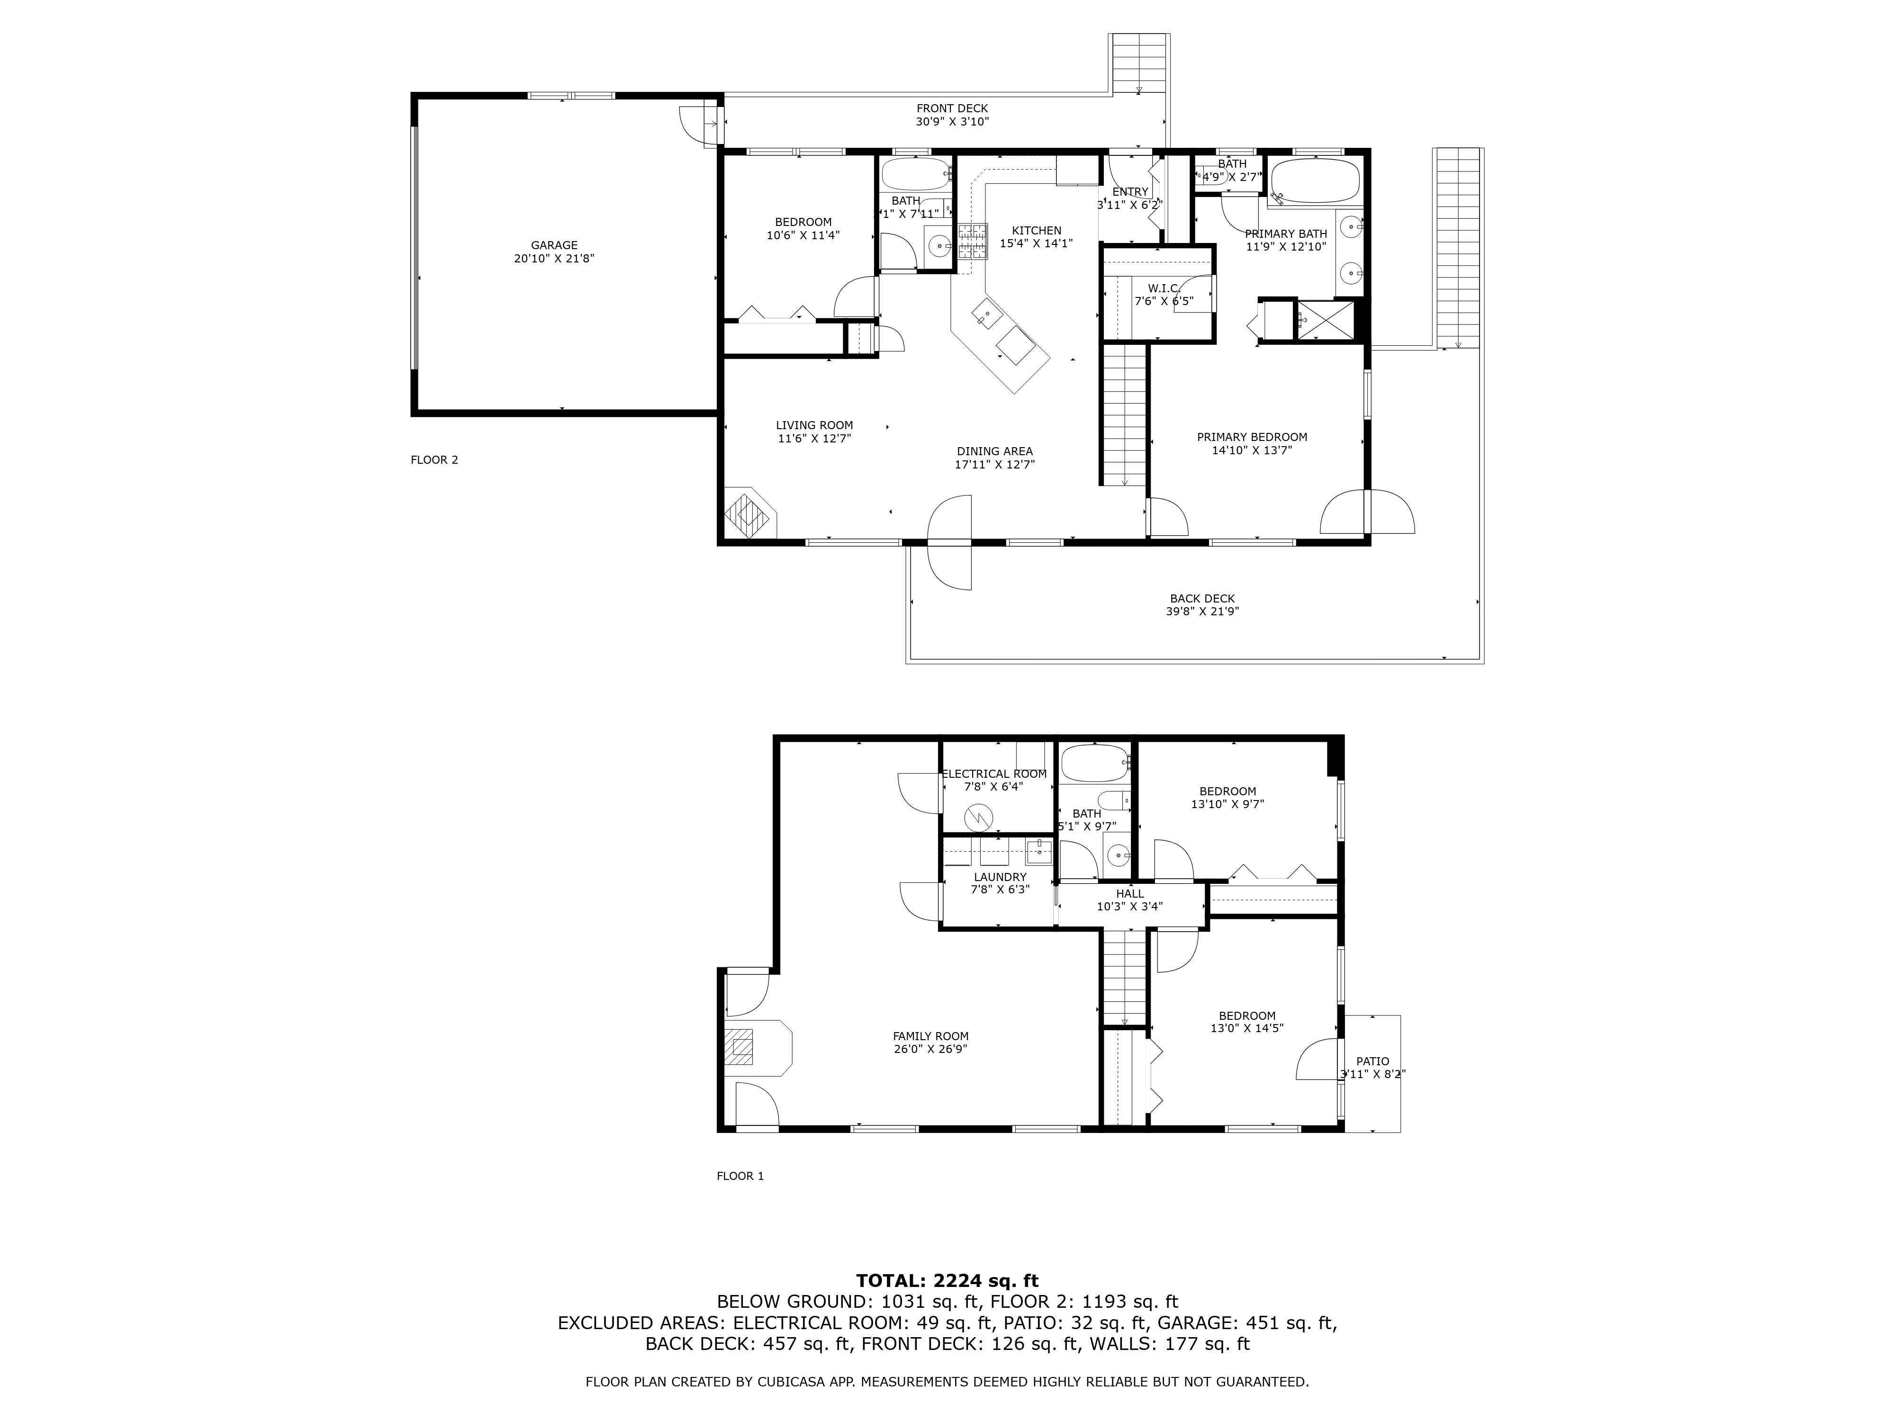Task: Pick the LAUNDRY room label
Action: click(x=1000, y=877)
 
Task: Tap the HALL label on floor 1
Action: click(x=1130, y=893)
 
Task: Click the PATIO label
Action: click(x=1372, y=1061)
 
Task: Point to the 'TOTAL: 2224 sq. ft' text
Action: click(x=947, y=1280)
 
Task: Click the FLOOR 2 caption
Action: click(x=434, y=460)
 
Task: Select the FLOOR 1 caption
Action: click(x=740, y=1176)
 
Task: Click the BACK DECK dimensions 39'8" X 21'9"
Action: click(x=1202, y=612)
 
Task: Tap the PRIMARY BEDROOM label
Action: click(x=1252, y=437)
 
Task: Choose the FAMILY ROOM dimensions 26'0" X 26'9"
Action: click(x=930, y=1048)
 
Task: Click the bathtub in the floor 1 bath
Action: click(x=1094, y=762)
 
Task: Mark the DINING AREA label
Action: click(x=994, y=451)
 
